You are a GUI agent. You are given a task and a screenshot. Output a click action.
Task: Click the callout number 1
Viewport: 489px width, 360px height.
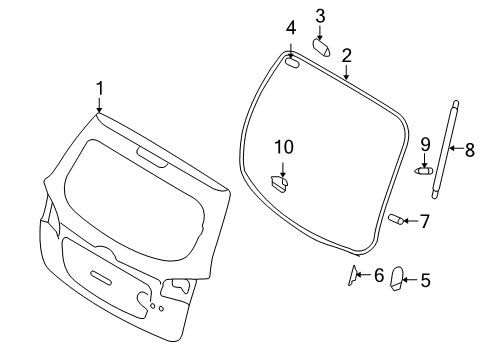99,89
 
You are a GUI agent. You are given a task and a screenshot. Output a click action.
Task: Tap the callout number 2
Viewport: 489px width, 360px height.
347,56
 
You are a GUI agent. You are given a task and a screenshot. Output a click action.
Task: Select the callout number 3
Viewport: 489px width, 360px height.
320,16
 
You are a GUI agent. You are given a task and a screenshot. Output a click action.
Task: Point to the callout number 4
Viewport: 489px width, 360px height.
291,28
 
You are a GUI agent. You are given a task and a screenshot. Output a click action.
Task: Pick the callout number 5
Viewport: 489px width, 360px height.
425,280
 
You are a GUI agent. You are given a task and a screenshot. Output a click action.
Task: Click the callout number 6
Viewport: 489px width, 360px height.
379,275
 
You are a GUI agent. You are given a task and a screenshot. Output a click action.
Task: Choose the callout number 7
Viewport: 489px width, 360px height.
424,221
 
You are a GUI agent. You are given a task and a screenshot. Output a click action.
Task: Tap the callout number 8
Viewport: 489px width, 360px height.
469,150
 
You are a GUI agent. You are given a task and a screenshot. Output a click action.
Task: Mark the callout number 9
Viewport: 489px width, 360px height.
425,145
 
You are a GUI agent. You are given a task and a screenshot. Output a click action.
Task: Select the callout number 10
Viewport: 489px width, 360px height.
284,147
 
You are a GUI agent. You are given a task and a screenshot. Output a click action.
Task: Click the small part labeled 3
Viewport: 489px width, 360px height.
321,47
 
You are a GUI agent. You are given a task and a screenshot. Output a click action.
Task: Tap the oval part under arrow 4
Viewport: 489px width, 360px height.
292,62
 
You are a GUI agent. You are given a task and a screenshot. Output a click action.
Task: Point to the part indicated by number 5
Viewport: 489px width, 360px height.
397,279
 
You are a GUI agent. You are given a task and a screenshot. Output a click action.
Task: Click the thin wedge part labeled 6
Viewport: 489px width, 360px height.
352,275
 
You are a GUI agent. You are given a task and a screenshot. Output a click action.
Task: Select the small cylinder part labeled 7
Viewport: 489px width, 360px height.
396,219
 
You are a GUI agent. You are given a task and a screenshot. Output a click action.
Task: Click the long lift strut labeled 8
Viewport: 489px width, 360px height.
444,150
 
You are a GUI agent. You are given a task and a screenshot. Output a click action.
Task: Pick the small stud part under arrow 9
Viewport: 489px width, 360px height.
423,171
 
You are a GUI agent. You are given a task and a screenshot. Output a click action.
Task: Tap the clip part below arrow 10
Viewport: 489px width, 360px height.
279,184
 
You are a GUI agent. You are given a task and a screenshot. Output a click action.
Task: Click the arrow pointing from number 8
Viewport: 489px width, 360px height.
456,148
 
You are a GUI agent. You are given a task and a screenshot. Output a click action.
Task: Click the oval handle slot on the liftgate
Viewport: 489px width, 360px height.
101,277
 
